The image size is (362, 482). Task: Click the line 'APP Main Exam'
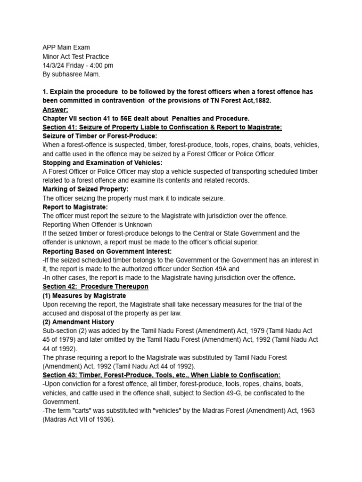(x=66, y=48)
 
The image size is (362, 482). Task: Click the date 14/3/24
(x=55, y=65)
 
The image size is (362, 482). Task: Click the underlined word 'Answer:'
(x=55, y=109)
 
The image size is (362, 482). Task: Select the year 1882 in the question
(x=263, y=101)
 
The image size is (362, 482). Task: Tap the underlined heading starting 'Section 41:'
(x=162, y=127)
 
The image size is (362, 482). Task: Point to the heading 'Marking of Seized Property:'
(x=85, y=189)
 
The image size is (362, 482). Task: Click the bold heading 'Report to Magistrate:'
(x=75, y=207)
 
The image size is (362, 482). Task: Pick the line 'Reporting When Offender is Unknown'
(x=97, y=225)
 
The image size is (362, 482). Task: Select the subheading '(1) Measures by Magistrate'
(x=84, y=296)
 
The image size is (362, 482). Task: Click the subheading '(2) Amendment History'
(x=78, y=322)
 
